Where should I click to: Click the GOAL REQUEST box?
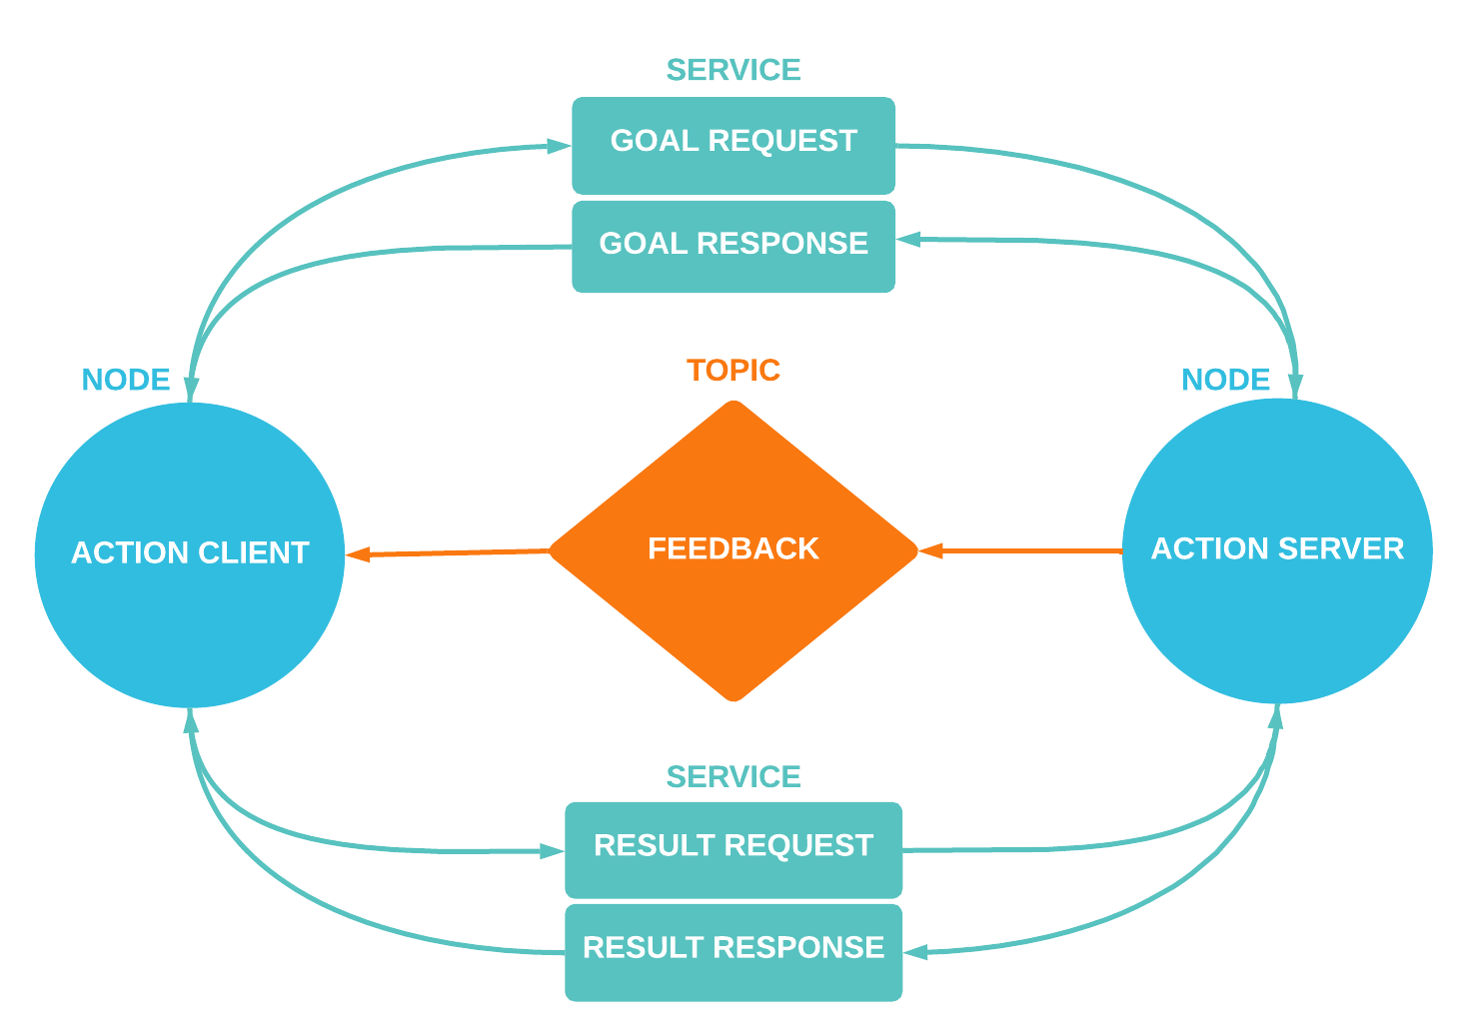point(734,145)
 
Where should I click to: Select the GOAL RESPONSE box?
point(734,246)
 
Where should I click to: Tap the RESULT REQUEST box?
point(734,849)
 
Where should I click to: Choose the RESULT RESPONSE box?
point(734,951)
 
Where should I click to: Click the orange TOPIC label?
point(734,371)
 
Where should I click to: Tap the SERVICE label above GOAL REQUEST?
point(734,70)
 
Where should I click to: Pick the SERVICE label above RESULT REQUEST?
point(734,776)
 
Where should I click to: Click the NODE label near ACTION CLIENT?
point(126,380)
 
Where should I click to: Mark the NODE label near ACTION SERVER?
point(1225,380)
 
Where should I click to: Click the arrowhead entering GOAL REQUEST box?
point(560,146)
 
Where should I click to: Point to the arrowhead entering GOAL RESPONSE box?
point(908,240)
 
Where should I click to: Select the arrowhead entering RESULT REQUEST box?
point(553,851)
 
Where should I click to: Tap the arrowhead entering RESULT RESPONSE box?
point(915,952)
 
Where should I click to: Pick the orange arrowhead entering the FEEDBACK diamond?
point(930,550)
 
